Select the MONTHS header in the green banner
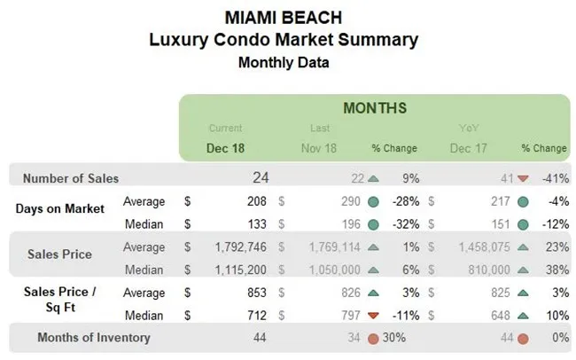tap(375, 108)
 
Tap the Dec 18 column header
tap(226, 148)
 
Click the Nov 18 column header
tap(320, 148)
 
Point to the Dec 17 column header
tap(467, 148)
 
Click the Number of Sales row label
tap(70, 178)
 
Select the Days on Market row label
tap(60, 208)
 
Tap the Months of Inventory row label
tap(94, 337)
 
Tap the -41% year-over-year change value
tap(557, 178)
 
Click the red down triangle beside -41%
tap(523, 178)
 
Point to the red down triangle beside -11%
tap(373, 315)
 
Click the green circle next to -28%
tap(373, 201)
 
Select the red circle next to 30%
tap(373, 338)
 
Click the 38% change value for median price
tap(558, 268)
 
